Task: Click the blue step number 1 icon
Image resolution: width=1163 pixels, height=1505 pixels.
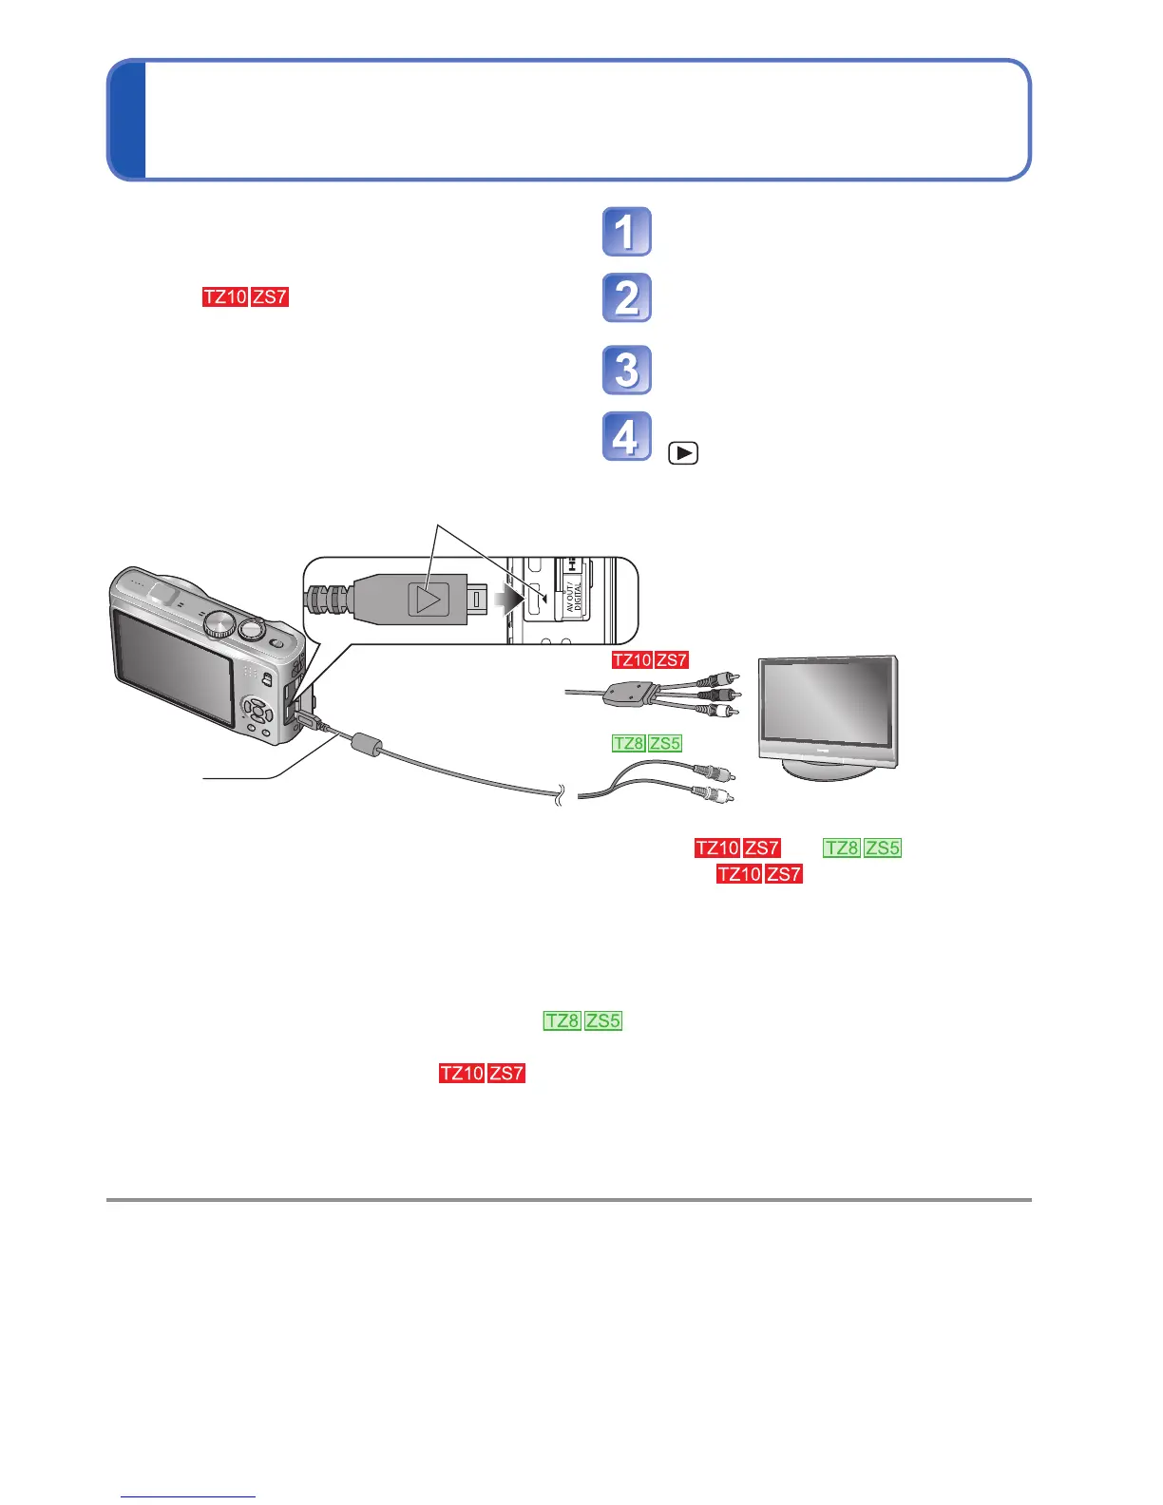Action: coord(626,232)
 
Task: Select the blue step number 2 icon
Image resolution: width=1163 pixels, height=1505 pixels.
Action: coord(626,297)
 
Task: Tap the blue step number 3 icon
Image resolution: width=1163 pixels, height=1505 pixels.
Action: coord(626,370)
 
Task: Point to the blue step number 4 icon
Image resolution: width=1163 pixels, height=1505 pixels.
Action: coord(626,436)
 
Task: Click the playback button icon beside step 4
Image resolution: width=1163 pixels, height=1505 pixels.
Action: coord(682,453)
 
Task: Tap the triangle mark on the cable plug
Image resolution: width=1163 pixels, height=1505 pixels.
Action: coord(428,600)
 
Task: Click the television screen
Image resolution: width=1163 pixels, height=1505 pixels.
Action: coord(826,704)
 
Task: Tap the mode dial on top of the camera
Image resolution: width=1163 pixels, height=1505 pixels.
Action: coord(220,623)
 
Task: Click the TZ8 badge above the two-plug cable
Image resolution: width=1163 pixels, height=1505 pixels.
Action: coord(628,743)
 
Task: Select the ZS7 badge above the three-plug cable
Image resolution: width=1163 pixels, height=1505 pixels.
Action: coord(671,659)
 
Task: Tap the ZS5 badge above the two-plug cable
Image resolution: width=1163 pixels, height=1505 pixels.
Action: coord(665,743)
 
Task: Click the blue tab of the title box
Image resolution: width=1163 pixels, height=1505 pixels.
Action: coord(126,120)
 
